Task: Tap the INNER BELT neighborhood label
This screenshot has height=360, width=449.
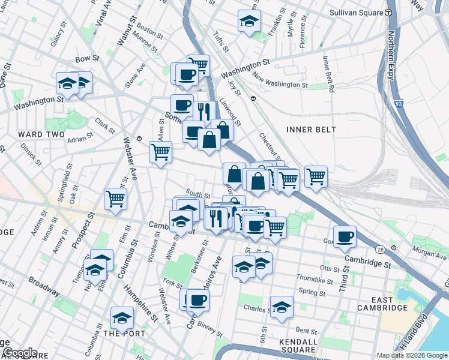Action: pyautogui.click(x=311, y=129)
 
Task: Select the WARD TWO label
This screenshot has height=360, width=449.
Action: pyautogui.click(x=37, y=133)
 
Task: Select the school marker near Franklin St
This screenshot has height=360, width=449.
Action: pyautogui.click(x=249, y=22)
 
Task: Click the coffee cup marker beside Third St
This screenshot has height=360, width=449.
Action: pyautogui.click(x=345, y=236)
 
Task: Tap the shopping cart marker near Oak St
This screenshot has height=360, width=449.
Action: pyautogui.click(x=115, y=199)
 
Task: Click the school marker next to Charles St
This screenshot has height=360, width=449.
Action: pyautogui.click(x=282, y=307)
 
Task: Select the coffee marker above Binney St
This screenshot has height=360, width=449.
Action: pyautogui.click(x=197, y=299)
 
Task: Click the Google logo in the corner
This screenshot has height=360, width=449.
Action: pyautogui.click(x=20, y=352)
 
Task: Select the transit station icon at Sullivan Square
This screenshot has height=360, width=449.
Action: pyautogui.click(x=389, y=12)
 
